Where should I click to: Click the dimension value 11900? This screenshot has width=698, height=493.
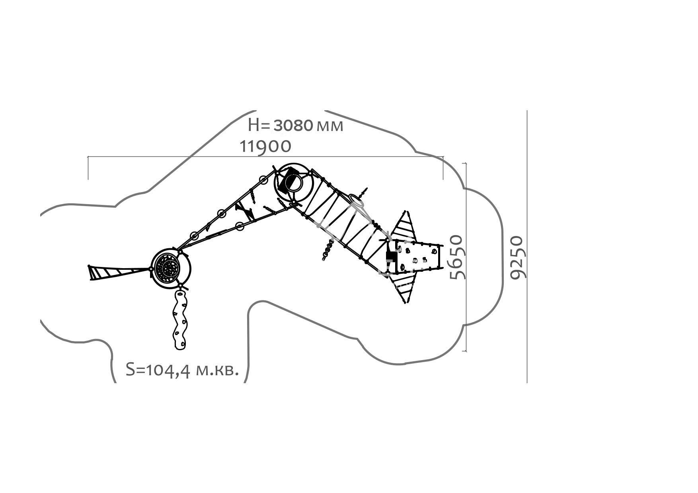click(265, 146)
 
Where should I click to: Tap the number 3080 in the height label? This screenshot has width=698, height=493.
click(293, 125)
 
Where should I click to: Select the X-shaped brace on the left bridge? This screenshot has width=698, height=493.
click(245, 211)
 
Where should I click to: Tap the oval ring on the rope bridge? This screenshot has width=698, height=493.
click(357, 201)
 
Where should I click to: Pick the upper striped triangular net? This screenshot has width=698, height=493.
click(403, 227)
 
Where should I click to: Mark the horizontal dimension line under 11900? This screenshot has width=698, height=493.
click(265, 157)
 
